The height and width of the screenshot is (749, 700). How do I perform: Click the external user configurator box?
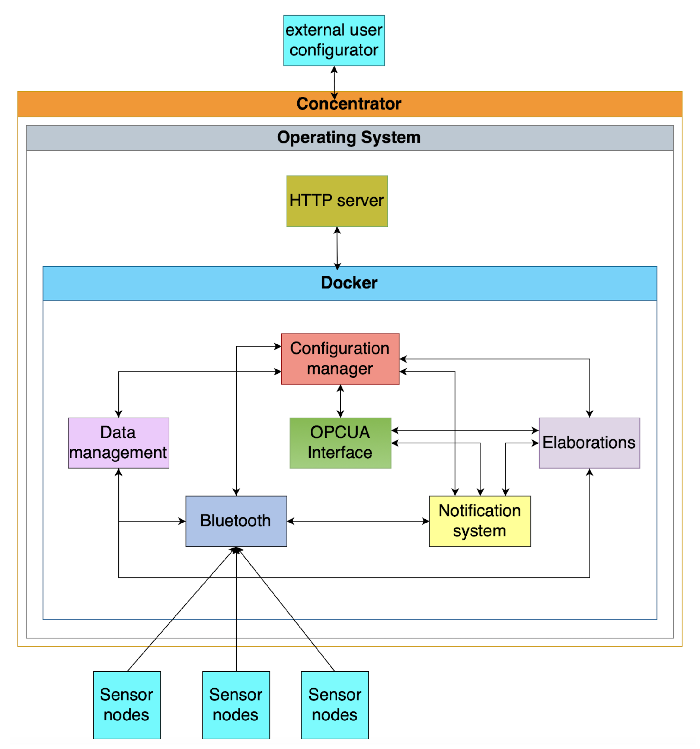[x=333, y=40]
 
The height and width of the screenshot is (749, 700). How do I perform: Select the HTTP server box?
[x=337, y=201]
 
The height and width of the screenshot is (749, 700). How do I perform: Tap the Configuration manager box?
[x=340, y=358]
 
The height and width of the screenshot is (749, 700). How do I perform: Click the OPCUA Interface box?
[x=340, y=443]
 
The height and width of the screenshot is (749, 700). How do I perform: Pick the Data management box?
[x=118, y=443]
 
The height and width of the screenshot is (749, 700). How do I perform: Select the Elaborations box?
[x=589, y=443]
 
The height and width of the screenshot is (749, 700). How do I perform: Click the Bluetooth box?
[x=236, y=521]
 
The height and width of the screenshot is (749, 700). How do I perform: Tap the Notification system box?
[x=479, y=521]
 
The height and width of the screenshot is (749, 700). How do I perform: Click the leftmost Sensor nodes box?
[x=127, y=705]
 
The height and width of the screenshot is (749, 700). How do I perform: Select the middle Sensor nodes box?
[x=236, y=705]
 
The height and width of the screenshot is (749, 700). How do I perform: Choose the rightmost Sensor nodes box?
[x=335, y=705]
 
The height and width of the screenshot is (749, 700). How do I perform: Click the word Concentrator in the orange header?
[x=349, y=103]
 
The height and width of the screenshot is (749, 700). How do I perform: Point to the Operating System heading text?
[x=349, y=137]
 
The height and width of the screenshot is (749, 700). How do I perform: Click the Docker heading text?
[x=349, y=283]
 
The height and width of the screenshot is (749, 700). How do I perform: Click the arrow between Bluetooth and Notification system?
[x=358, y=522]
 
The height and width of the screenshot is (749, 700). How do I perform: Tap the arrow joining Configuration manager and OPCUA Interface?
[x=340, y=401]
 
